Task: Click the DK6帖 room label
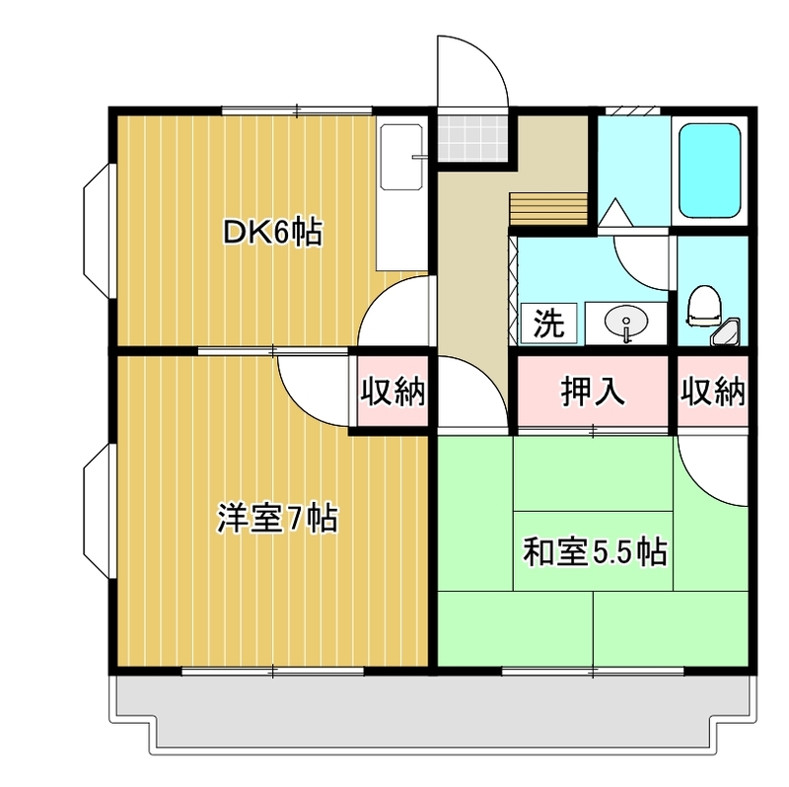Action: [272, 233]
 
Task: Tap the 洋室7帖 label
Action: [277, 518]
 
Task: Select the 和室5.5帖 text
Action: [594, 552]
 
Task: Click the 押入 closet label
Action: [593, 393]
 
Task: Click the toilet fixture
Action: [702, 306]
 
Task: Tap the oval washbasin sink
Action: [626, 322]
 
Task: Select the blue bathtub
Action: [710, 173]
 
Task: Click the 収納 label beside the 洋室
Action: [391, 393]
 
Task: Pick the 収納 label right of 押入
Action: [712, 393]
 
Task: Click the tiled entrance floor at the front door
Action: [472, 137]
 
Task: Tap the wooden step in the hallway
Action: [548, 209]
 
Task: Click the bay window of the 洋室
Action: [98, 516]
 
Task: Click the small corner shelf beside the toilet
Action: [732, 333]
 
